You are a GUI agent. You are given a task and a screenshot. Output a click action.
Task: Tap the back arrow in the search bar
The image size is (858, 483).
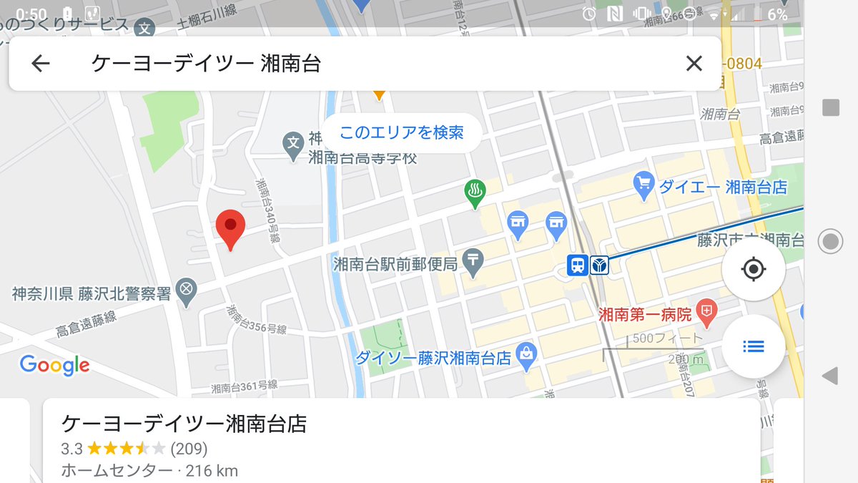pyautogui.click(x=41, y=64)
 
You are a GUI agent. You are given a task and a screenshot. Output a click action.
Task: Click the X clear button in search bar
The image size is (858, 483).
pyautogui.click(x=694, y=64)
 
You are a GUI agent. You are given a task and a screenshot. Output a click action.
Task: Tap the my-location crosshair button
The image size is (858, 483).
pyautogui.click(x=754, y=270)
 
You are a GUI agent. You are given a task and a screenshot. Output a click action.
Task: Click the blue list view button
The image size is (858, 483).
pyautogui.click(x=754, y=347)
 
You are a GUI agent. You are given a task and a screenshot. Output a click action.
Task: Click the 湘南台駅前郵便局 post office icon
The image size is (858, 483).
pyautogui.click(x=473, y=262)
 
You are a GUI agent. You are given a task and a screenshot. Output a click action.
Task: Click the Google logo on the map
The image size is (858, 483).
pyautogui.click(x=54, y=366)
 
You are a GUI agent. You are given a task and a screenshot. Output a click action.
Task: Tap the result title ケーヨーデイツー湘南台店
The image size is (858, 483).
pyautogui.click(x=184, y=424)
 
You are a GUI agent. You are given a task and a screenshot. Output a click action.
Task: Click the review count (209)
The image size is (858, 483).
pyautogui.click(x=189, y=449)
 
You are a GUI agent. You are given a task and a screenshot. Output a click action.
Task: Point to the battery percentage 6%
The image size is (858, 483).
pyautogui.click(x=777, y=15)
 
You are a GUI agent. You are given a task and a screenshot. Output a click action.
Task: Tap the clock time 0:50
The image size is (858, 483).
pyautogui.click(x=31, y=14)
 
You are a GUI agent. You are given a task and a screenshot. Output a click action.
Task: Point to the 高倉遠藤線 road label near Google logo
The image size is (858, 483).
pyautogui.click(x=87, y=325)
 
